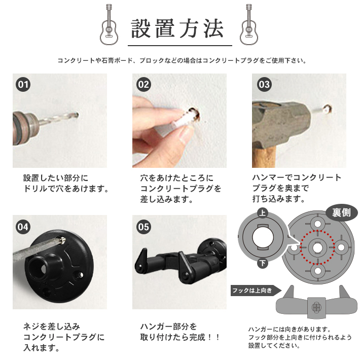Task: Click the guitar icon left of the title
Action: (x=109, y=24)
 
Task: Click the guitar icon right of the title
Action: (x=249, y=24)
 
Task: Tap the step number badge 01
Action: (x=23, y=85)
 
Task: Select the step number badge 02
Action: (x=143, y=85)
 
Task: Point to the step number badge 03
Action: (x=264, y=85)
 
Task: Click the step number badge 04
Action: (x=23, y=227)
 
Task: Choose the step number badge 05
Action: (x=143, y=227)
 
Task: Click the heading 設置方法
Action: (x=177, y=29)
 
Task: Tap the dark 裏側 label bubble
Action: (x=341, y=213)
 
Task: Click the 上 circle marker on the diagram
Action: (x=263, y=213)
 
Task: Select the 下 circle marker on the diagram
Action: (x=263, y=263)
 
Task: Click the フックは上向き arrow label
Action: (x=256, y=291)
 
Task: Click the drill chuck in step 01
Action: (x=25, y=128)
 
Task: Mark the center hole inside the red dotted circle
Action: (x=317, y=247)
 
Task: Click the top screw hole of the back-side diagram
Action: (x=317, y=224)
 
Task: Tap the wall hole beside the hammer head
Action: (x=327, y=109)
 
